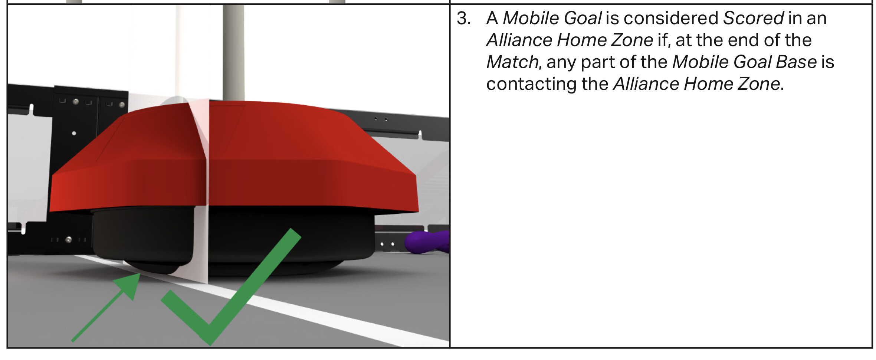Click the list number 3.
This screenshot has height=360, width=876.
coord(464,18)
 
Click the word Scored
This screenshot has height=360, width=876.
coord(753,18)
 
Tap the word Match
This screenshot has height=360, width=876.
coord(512,62)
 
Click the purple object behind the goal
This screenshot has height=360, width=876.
coord(427,242)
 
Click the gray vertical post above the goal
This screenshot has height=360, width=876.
coord(233,52)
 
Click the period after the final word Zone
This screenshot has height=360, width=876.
coord(782,89)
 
